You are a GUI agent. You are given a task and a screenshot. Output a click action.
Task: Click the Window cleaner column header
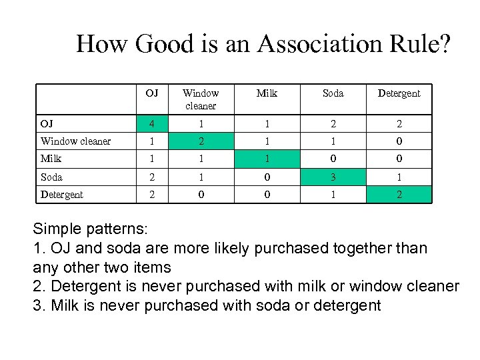[x=200, y=99]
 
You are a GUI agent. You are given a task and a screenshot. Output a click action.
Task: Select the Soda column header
[x=333, y=93]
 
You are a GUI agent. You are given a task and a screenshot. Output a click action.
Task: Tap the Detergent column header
[x=399, y=93]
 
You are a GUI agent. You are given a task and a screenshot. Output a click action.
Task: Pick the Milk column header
[x=267, y=93]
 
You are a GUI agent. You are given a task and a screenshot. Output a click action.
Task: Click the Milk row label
[x=51, y=159]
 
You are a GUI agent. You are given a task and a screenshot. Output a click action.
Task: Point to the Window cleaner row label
[x=75, y=141]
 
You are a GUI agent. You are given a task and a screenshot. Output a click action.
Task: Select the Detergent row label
[x=61, y=195]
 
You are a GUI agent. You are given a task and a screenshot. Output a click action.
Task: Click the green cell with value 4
[x=152, y=124]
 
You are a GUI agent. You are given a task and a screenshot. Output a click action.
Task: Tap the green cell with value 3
[x=333, y=177]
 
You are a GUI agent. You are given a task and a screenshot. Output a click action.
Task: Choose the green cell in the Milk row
[x=267, y=159]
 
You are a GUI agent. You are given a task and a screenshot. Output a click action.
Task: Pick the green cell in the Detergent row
[x=399, y=195]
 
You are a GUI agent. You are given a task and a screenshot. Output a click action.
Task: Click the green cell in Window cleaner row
[x=200, y=141]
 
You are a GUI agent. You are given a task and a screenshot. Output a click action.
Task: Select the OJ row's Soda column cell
[x=333, y=124]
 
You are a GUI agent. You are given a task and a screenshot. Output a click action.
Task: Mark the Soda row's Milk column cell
[x=267, y=177]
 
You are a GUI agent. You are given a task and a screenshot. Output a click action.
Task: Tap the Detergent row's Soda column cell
[x=333, y=195]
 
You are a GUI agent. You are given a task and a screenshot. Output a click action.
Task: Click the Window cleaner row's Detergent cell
[x=399, y=141]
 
